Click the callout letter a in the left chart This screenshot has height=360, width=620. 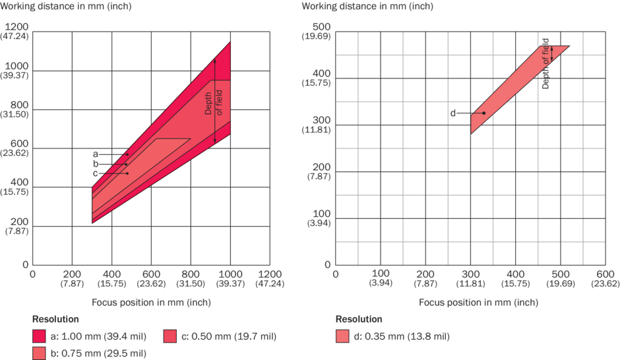96,154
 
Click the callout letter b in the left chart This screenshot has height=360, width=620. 96,164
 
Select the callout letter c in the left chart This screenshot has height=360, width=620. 96,173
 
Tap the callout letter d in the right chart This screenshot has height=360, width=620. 453,113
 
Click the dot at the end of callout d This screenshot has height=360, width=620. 483,113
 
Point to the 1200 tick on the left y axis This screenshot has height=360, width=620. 17,26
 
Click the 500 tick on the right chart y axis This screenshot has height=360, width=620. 321,26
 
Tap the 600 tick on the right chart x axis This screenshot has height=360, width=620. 605,274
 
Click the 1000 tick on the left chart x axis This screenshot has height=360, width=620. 230,274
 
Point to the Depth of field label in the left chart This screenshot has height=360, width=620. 213,102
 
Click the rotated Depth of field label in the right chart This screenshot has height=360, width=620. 545,64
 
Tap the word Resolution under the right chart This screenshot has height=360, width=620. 359,319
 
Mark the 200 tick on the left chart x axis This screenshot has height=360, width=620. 72,274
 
